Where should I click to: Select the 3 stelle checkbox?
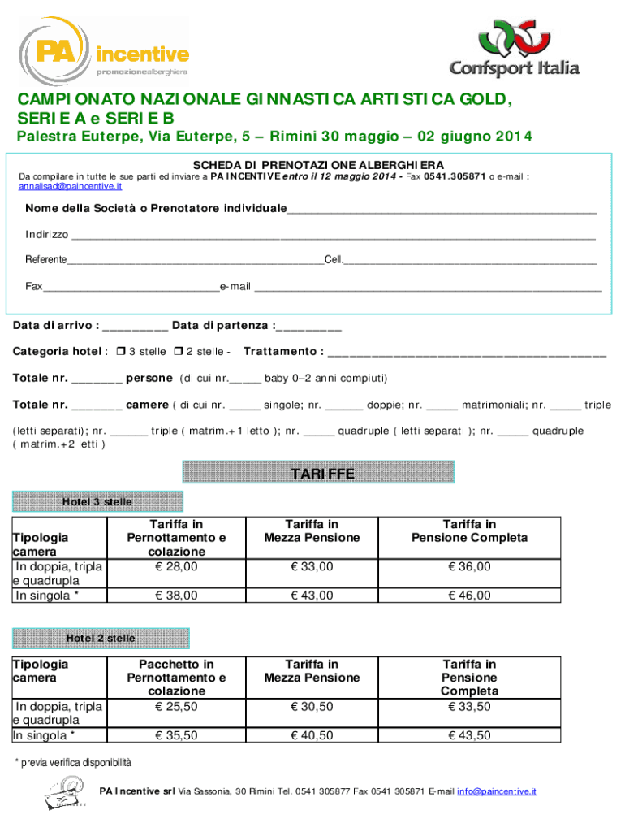120,352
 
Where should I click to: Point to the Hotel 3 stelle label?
97,502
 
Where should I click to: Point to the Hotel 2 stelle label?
101,639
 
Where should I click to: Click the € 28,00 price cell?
176,566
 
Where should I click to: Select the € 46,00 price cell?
469,596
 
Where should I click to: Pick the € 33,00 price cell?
312,566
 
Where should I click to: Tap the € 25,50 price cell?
176,706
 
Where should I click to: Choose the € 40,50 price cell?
312,735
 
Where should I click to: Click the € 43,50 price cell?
469,735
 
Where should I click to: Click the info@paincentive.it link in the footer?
497,791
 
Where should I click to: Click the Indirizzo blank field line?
333,236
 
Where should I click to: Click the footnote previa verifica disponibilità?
73,763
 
